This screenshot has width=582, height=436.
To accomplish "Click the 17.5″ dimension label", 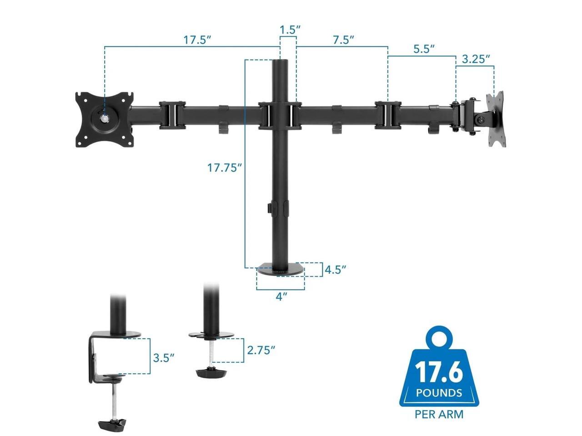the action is tap(197, 40).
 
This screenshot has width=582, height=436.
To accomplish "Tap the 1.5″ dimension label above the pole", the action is tap(290, 30).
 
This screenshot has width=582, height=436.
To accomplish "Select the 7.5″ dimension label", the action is tap(344, 40).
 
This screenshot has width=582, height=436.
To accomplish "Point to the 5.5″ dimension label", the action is tap(424, 49).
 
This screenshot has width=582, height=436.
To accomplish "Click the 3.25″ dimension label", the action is tap(476, 59).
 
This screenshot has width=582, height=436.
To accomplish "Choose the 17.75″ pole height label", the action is tap(224, 168).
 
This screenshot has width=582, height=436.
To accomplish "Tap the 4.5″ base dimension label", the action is tap(336, 270).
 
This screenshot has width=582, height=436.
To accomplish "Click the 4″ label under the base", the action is tap(281, 297).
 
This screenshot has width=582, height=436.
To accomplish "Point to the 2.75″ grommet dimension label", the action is tap(261, 350).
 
